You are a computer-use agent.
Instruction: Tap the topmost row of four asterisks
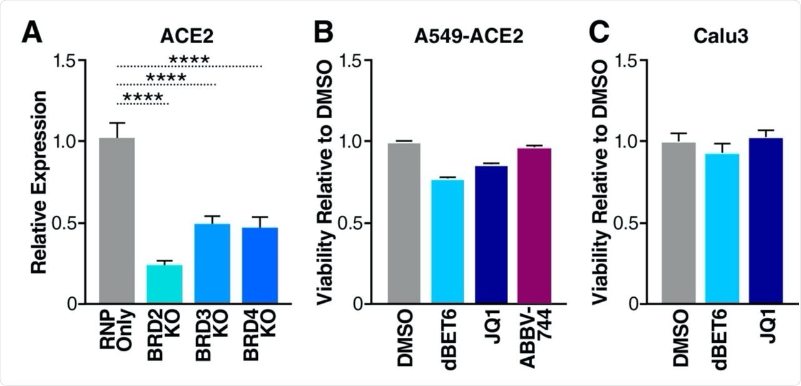pos(189,60)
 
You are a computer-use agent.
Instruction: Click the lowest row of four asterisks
pos(143,98)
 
